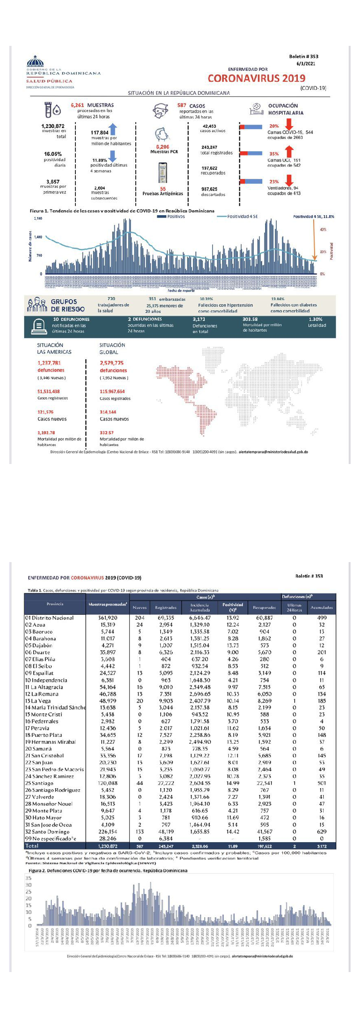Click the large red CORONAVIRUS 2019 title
tap(256, 78)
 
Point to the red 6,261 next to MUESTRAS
tap(77, 105)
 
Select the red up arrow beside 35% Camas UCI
tap(289, 152)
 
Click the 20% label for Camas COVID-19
tap(274, 126)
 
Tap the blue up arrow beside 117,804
tap(113, 129)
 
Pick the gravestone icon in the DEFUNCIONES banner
tap(39, 326)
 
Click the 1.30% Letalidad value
tap(316, 319)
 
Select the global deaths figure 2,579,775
tap(112, 363)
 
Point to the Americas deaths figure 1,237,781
tap(49, 363)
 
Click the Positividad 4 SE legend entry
tap(237, 217)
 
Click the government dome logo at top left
tap(35, 61)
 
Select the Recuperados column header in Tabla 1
tap(264, 607)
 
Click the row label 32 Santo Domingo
tap(48, 832)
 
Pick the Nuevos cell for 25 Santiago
tap(140, 783)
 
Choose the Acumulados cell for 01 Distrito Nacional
tap(321, 618)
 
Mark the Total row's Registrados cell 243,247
tap(166, 846)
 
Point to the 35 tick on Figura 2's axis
tap(29, 878)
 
